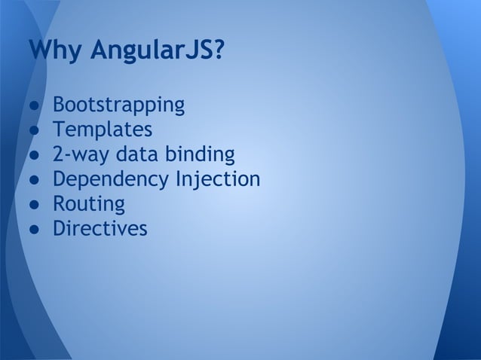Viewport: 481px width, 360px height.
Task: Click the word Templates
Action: [103, 130]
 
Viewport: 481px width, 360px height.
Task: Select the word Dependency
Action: [111, 180]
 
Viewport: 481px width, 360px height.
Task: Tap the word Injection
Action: [218, 180]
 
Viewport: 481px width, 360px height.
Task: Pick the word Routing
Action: [88, 204]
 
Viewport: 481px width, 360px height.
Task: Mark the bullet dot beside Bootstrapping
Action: [35, 105]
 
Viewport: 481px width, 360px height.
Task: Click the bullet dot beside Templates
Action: [35, 130]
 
